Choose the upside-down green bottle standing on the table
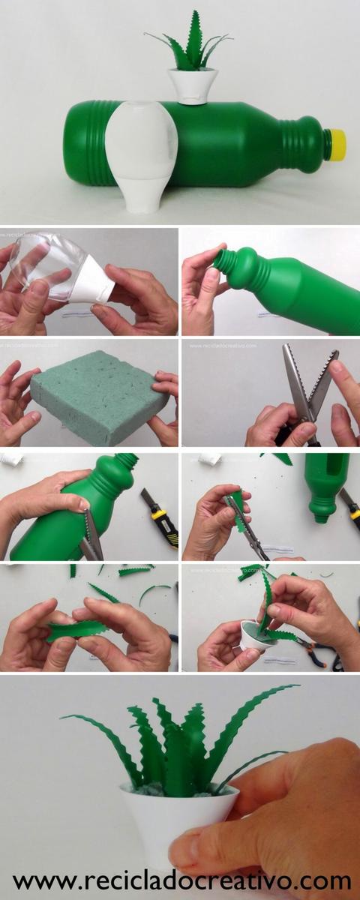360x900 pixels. tap(327, 484)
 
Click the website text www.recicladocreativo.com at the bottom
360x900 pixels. tap(180, 880)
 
